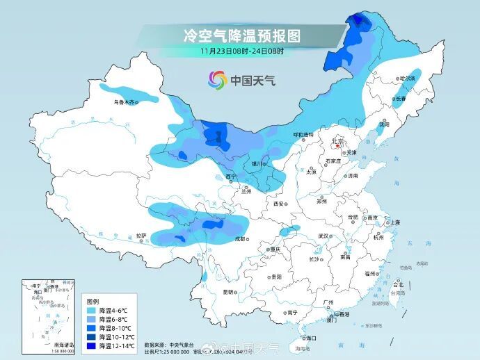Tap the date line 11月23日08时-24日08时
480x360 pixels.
(x=241, y=51)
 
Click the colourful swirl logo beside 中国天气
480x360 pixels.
(x=218, y=80)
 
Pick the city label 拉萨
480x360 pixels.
(x=142, y=236)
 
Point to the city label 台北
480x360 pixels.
(x=399, y=284)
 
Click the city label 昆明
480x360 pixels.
(x=228, y=292)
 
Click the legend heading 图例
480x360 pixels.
(x=92, y=302)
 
